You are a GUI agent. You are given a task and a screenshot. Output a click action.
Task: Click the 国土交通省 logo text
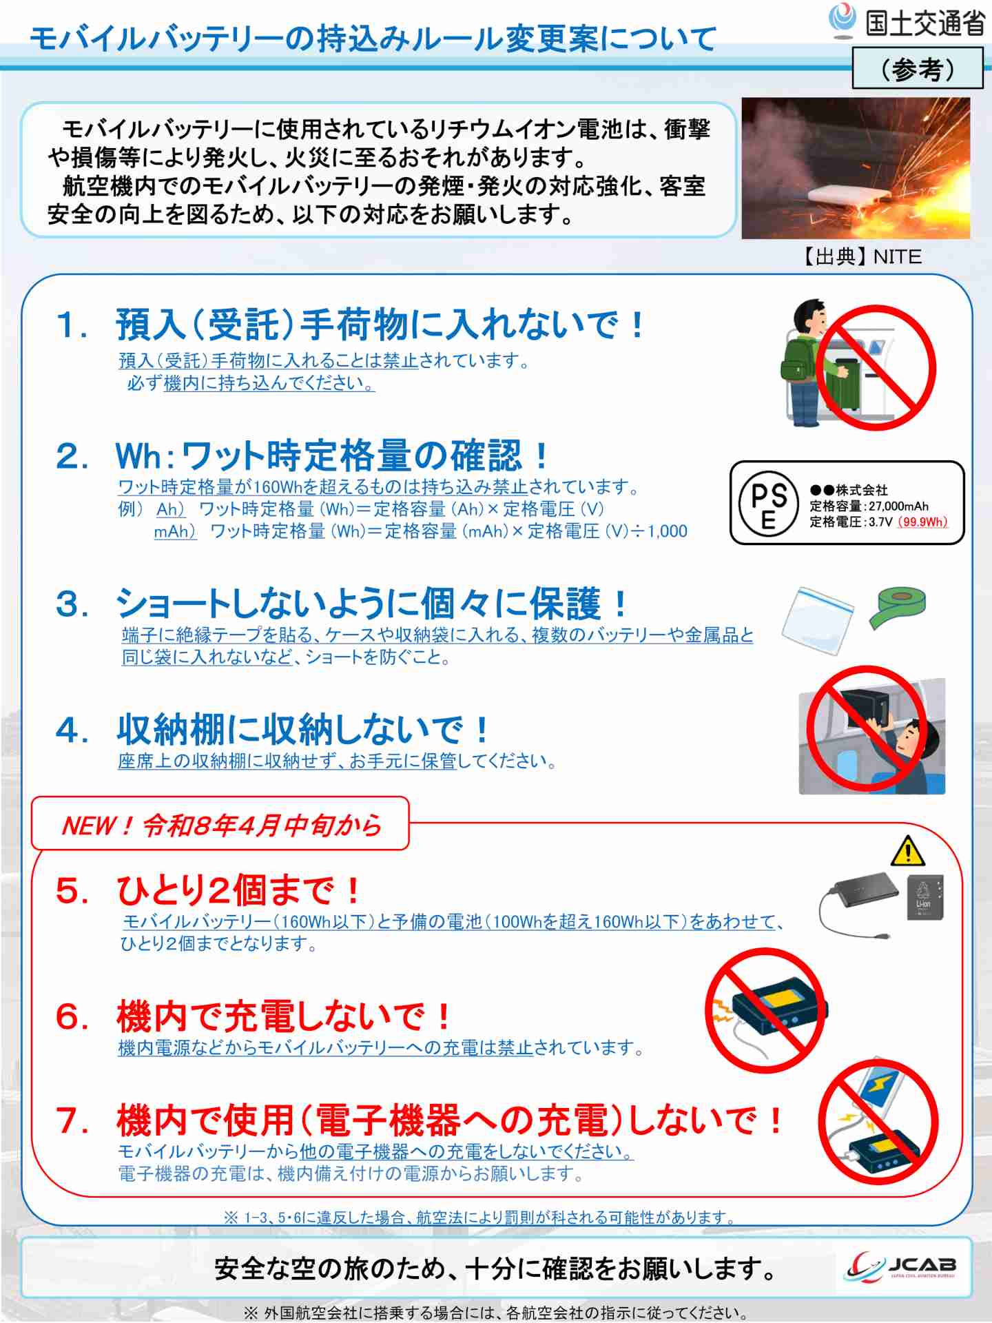pos(924,23)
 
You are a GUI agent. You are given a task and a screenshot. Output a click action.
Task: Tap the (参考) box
pos(917,69)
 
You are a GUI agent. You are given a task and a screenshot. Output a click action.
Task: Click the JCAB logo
pos(902,1266)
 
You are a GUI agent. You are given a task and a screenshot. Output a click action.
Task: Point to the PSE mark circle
pos(768,503)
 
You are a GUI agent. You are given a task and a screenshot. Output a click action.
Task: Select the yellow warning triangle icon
pos(907,852)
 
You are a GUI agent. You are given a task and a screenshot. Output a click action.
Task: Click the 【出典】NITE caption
pos(861,256)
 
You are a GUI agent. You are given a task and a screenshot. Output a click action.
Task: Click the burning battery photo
pos(856,169)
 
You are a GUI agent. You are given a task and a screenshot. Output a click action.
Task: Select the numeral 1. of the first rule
pos(72,325)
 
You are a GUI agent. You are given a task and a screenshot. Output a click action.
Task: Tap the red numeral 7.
pos(72,1120)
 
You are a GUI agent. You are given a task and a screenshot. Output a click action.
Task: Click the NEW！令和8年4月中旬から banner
pos(220,824)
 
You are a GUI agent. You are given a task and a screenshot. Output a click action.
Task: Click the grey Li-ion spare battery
pos(924,897)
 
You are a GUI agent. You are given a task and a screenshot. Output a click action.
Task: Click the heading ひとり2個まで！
pos(238,890)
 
